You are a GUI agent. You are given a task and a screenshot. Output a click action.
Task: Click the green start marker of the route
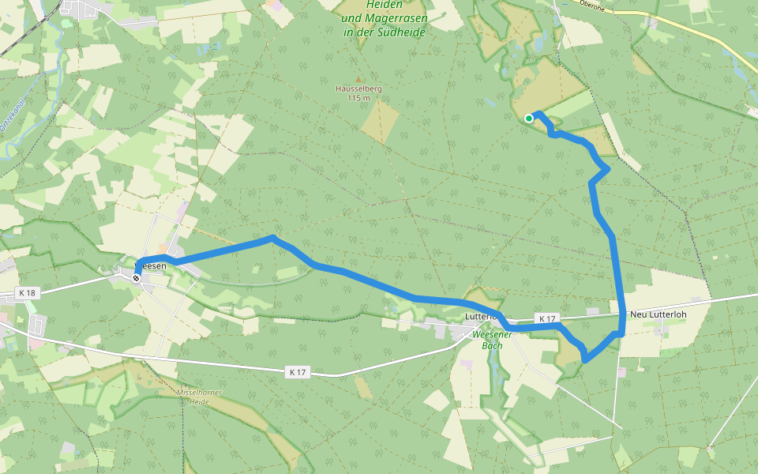click(528, 118)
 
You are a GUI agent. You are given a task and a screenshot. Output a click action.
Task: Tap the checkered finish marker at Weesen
click(137, 278)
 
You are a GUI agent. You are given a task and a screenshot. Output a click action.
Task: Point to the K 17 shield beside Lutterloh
click(546, 318)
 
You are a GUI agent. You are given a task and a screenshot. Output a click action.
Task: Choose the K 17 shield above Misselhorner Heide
click(297, 371)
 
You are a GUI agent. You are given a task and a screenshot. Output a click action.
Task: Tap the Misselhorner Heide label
click(199, 396)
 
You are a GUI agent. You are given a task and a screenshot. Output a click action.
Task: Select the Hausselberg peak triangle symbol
click(358, 80)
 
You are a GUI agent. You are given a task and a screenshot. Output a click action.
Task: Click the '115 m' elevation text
click(358, 98)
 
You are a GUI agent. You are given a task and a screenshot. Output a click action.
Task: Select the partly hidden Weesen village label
click(153, 267)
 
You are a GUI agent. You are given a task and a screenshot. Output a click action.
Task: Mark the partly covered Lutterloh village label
click(478, 316)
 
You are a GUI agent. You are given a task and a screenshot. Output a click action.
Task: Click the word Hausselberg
click(358, 89)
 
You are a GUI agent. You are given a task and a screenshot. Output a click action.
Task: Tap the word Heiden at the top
click(385, 5)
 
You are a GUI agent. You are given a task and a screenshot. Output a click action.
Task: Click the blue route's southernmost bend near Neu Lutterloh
click(585, 360)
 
